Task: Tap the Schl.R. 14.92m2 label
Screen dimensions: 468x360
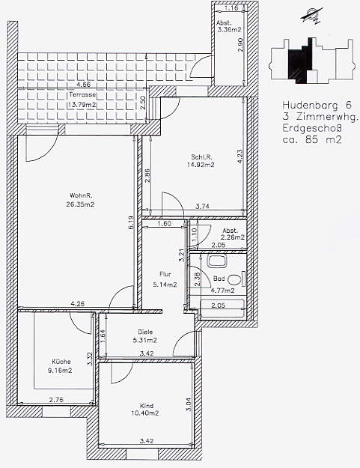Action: coord(202,160)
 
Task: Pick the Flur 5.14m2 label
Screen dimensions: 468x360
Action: coord(165,279)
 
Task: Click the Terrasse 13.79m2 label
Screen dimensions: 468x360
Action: coord(82,100)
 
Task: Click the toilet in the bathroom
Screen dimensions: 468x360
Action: coord(236,279)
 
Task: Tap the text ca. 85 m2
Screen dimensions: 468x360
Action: coord(311,139)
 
